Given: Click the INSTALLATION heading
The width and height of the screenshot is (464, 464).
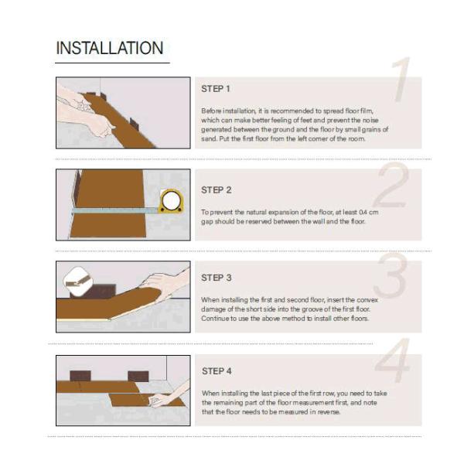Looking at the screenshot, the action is [x=110, y=48].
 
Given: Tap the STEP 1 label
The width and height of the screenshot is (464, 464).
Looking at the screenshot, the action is [x=216, y=89].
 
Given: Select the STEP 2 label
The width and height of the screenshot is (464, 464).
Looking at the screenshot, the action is [x=216, y=190].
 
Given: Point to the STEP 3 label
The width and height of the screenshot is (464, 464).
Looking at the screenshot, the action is [x=216, y=278].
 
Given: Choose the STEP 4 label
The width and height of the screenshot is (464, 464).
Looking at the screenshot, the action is [x=217, y=371].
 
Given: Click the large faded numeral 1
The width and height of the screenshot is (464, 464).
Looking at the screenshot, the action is [x=401, y=80].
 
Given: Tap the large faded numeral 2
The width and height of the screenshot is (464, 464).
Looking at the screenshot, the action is [x=392, y=185].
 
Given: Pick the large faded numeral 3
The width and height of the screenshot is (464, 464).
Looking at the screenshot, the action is [x=391, y=275].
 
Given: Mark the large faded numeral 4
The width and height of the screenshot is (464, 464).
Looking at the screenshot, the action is [x=393, y=360].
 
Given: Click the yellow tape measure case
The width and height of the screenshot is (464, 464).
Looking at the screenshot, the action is [x=172, y=202].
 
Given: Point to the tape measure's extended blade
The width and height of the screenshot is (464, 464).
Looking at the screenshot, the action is [x=114, y=210].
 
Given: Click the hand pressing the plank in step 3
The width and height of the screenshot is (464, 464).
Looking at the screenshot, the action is [x=165, y=285].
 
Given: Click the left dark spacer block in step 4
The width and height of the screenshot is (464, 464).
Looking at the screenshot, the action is [x=80, y=376].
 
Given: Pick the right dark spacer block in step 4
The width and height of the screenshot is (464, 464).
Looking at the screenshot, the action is [x=138, y=377].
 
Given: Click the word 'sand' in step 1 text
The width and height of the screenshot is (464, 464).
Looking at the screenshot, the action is [x=208, y=138].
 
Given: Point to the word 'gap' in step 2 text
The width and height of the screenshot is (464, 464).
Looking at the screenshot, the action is [x=206, y=222].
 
